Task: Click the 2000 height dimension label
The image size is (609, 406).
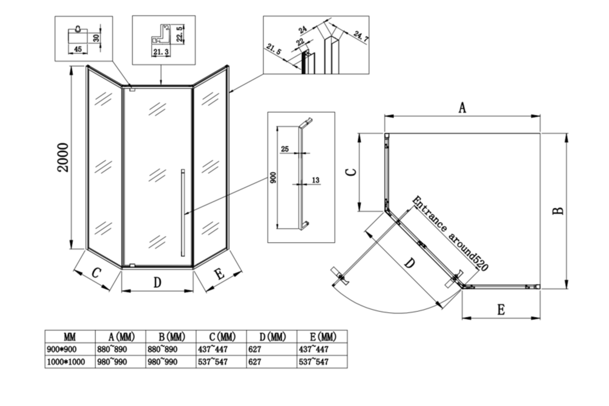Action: click(x=63, y=157)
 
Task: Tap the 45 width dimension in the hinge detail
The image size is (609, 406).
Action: click(x=78, y=49)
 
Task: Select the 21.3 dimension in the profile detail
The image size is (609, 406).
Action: click(x=161, y=52)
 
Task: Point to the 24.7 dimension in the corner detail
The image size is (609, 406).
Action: click(x=361, y=37)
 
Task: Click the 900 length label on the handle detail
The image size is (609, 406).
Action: click(x=274, y=178)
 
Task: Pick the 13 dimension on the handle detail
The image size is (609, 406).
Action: click(x=315, y=180)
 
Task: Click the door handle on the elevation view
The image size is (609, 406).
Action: click(x=183, y=213)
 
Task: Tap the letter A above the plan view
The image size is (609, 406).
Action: click(x=462, y=108)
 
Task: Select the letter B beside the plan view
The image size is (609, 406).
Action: click(x=558, y=211)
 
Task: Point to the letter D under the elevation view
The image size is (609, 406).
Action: click(x=157, y=283)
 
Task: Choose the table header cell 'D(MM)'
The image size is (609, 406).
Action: click(x=273, y=337)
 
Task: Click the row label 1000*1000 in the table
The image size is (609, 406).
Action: click(x=66, y=362)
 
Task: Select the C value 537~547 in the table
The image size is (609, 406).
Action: click(x=213, y=362)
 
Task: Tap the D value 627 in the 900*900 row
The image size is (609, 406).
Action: click(x=255, y=349)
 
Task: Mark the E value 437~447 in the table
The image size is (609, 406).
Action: click(x=314, y=349)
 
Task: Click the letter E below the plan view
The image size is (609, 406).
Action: click(x=501, y=310)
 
